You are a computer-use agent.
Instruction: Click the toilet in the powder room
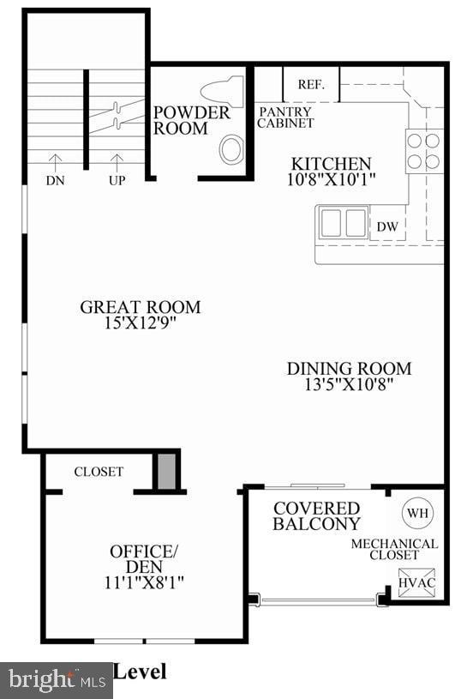[x=222, y=92]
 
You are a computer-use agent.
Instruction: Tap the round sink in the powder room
[x=231, y=149]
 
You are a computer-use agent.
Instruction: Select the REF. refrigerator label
[x=309, y=84]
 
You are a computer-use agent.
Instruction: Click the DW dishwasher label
[x=386, y=226]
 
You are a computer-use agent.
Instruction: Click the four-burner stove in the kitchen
[x=423, y=150]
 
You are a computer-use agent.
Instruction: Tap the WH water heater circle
[x=417, y=513]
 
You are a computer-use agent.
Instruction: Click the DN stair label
[x=55, y=181]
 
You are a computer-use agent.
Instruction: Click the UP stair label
[x=117, y=181]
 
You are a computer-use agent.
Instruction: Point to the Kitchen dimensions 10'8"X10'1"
[x=333, y=179]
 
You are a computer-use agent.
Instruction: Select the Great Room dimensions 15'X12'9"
[x=140, y=322]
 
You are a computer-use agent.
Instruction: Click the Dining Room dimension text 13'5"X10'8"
[x=348, y=384]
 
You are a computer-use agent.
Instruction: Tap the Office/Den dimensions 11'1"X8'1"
[x=143, y=581]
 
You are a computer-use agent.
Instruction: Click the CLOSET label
[x=99, y=472]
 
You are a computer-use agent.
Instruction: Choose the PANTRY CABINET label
[x=286, y=118]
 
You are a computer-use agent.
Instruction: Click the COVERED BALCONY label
[x=316, y=515]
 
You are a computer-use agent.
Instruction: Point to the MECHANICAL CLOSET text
[x=394, y=549]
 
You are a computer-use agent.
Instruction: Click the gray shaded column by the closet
[x=167, y=471]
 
